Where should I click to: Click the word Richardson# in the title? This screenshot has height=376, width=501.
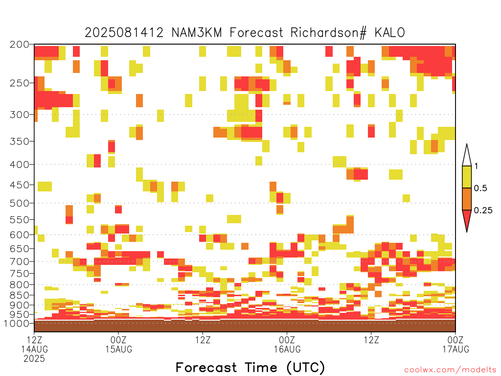[x=328, y=33]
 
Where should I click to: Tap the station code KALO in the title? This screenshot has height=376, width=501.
[x=390, y=32]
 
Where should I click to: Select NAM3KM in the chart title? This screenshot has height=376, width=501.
[x=197, y=32]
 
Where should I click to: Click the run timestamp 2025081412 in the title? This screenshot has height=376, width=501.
[x=124, y=32]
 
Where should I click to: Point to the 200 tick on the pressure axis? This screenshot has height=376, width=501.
[x=19, y=45]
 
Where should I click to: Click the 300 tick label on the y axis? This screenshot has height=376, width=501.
[x=19, y=115]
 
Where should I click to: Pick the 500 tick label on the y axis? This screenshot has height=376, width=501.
[x=19, y=203]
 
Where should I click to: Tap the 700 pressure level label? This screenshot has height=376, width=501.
[x=19, y=261]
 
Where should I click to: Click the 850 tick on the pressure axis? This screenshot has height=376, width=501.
[x=19, y=295]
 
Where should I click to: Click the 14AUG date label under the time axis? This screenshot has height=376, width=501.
[x=35, y=349]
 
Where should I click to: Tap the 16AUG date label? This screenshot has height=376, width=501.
[x=287, y=349]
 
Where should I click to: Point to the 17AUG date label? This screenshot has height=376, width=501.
[x=455, y=349]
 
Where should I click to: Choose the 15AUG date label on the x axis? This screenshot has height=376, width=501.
[x=119, y=349]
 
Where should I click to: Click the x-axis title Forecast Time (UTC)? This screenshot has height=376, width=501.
[x=250, y=367]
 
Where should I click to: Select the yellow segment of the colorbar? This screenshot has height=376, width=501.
[x=467, y=177]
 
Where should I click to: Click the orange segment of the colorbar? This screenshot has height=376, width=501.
[x=467, y=199]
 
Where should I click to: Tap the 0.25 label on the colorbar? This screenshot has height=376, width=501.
[x=483, y=210]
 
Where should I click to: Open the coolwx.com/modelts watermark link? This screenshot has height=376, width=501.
[x=450, y=370]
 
